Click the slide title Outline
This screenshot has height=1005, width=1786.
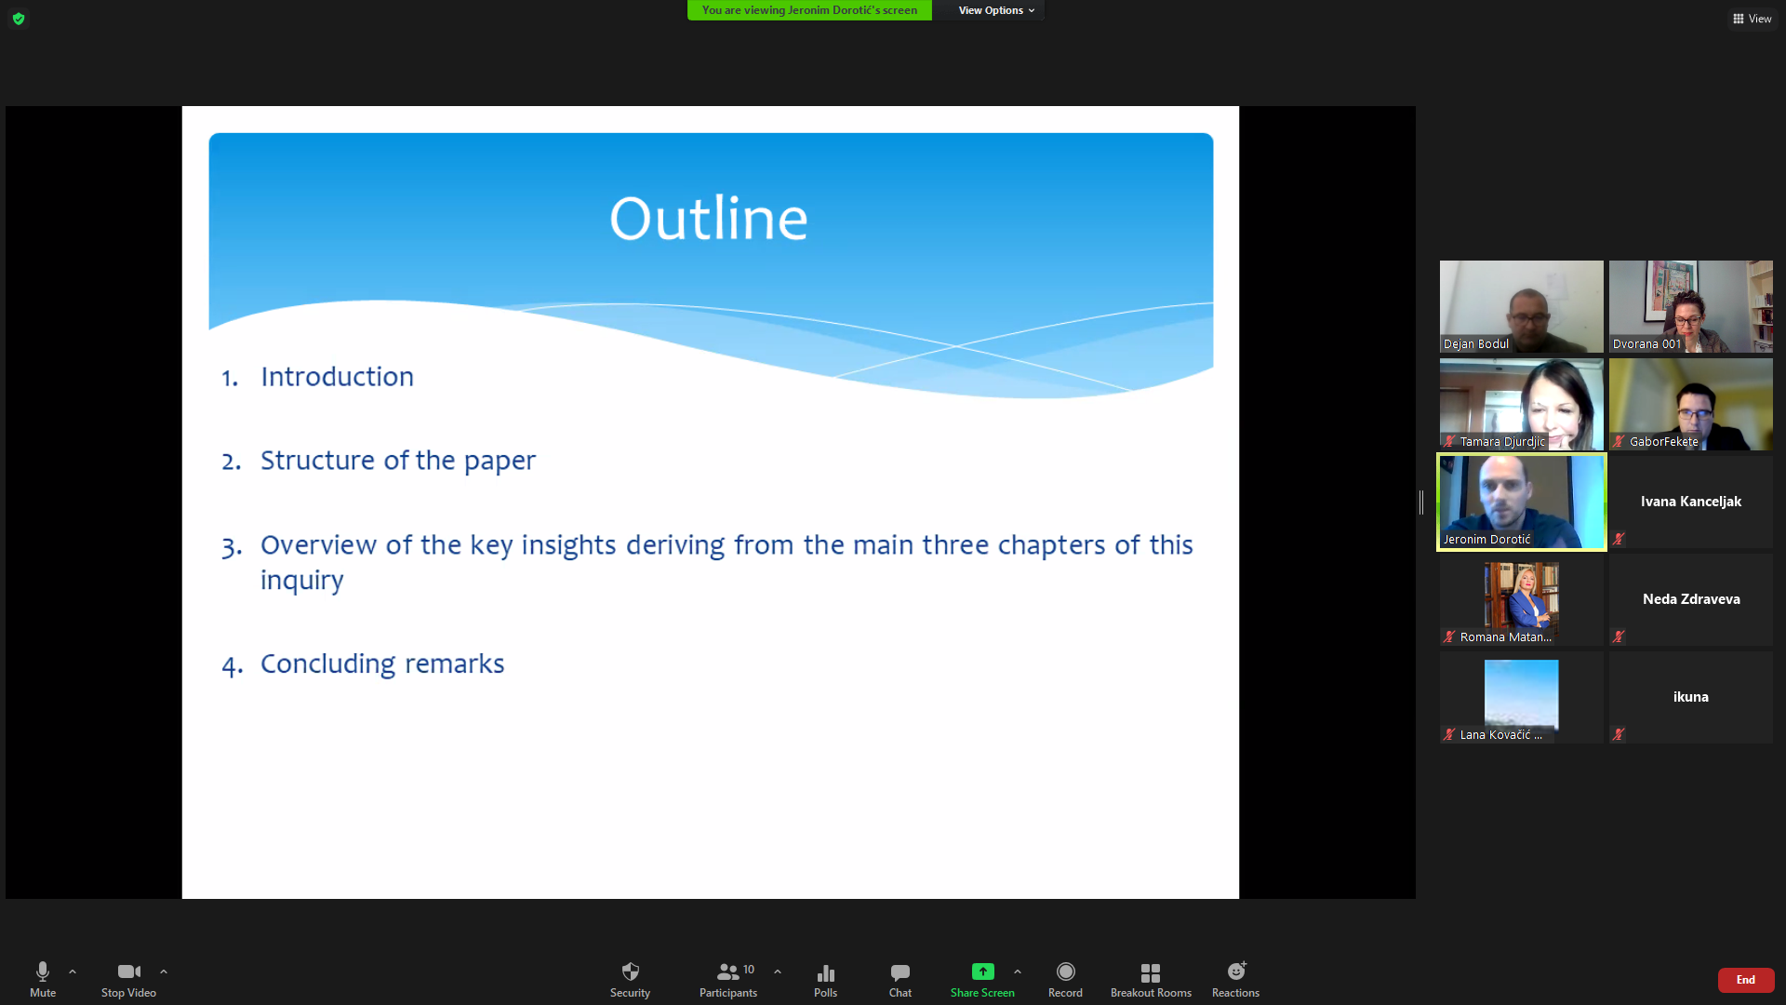(x=709, y=219)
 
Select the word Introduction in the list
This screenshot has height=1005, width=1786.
(x=337, y=377)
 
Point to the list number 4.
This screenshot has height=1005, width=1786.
(x=232, y=665)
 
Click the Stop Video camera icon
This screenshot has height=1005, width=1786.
(x=128, y=971)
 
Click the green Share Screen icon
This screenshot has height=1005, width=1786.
(x=982, y=971)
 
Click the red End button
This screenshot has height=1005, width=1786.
(x=1746, y=980)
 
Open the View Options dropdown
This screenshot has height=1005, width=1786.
(x=996, y=10)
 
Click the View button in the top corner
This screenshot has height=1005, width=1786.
(x=1753, y=19)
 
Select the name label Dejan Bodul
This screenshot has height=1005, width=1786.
(x=1476, y=344)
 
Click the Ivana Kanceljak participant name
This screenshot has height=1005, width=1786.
(x=1691, y=502)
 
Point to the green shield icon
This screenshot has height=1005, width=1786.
(x=19, y=19)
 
